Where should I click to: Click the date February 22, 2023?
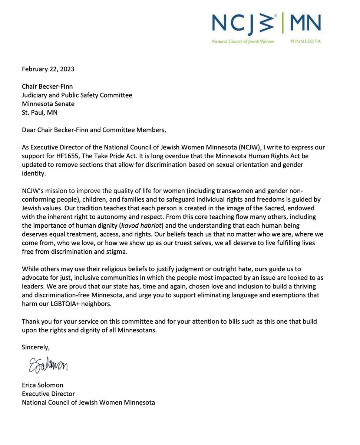tap(48, 69)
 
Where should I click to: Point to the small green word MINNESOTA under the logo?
tap(305, 42)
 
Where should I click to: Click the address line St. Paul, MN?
tap(40, 113)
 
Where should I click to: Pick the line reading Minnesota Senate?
tap(48, 104)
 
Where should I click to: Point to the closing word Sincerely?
tap(36, 347)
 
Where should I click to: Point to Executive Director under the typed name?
tap(49, 394)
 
